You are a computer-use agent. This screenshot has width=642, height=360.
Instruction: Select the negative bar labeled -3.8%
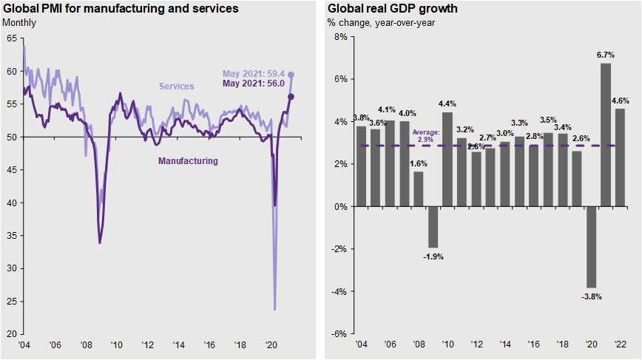pos(592,247)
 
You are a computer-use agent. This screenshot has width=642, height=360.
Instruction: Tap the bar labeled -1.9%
pos(433,227)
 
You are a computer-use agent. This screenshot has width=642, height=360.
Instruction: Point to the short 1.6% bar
pos(419,189)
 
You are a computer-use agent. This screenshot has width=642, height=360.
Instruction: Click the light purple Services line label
pos(175,86)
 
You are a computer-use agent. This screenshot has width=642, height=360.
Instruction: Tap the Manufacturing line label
pos(189,160)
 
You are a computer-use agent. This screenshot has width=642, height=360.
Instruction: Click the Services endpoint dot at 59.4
pos(291,75)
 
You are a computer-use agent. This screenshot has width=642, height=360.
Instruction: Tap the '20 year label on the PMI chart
pos(271,344)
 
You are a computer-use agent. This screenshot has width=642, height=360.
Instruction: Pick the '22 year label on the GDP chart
pos(620,344)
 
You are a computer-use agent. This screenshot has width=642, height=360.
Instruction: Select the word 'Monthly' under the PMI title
pos(19,22)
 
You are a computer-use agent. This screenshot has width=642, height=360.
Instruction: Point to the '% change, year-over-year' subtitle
pos(382,22)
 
